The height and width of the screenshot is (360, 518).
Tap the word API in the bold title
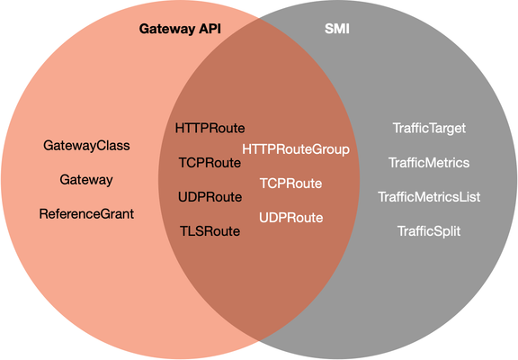pyautogui.click(x=210, y=29)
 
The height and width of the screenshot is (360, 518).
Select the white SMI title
pyautogui.click(x=337, y=29)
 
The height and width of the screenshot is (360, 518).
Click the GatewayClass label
pyautogui.click(x=86, y=146)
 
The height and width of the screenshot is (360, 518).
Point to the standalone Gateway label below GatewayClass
pyautogui.click(x=86, y=180)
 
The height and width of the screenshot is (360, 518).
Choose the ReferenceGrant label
pyautogui.click(x=86, y=214)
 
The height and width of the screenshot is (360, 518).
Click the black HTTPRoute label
pyautogui.click(x=210, y=128)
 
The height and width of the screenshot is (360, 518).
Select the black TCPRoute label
pyautogui.click(x=210, y=163)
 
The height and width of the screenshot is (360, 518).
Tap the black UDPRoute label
pyautogui.click(x=210, y=197)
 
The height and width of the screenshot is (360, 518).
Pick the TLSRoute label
pyautogui.click(x=210, y=231)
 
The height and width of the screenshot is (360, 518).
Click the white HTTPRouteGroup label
pyautogui.click(x=296, y=149)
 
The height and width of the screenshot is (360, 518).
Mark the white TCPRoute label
pyautogui.click(x=291, y=184)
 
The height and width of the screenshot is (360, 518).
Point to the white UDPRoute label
pyautogui.click(x=291, y=218)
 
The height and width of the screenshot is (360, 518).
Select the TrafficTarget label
pyautogui.click(x=429, y=129)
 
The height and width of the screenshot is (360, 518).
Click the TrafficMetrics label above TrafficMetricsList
pyautogui.click(x=429, y=163)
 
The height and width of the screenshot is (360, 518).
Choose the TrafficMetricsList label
pyautogui.click(x=429, y=197)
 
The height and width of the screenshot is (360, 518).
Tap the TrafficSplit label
pyautogui.click(x=429, y=231)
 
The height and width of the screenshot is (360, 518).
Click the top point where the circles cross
pyautogui.click(x=259, y=18)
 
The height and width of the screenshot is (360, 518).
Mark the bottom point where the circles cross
pyautogui.click(x=259, y=340)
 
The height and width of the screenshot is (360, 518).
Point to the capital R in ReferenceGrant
pyautogui.click(x=43, y=214)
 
